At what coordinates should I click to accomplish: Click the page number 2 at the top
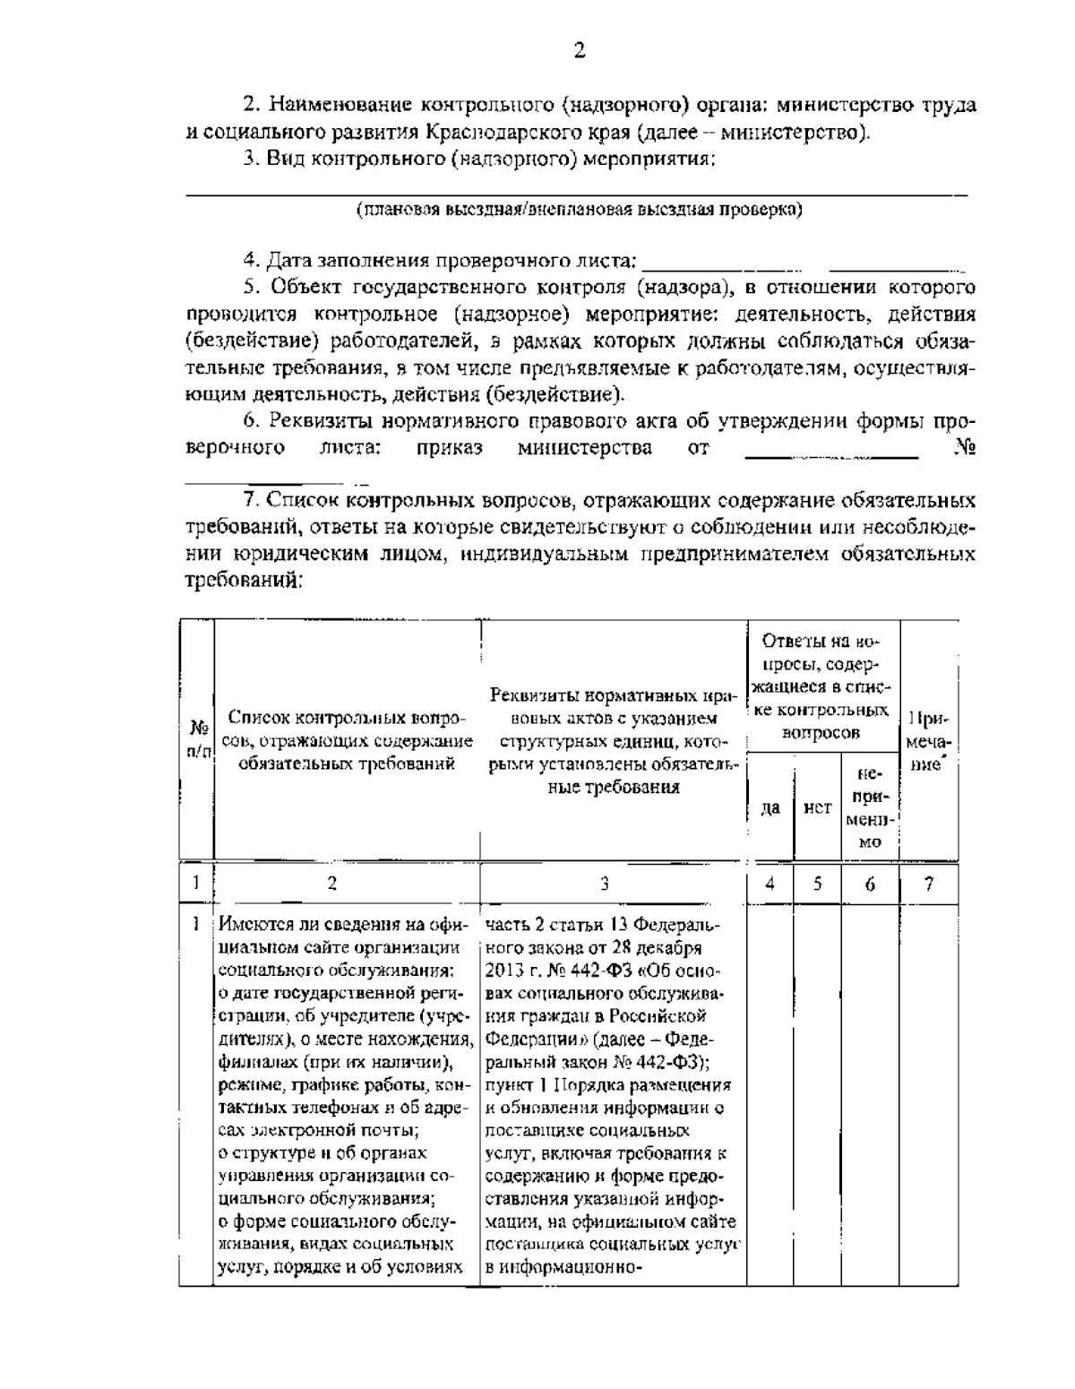579,50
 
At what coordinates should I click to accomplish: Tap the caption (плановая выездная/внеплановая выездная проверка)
579,211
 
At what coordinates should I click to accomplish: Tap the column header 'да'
770,808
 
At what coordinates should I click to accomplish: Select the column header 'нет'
817,808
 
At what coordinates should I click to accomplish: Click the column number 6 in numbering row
870,884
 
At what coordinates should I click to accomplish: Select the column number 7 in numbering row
929,884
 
